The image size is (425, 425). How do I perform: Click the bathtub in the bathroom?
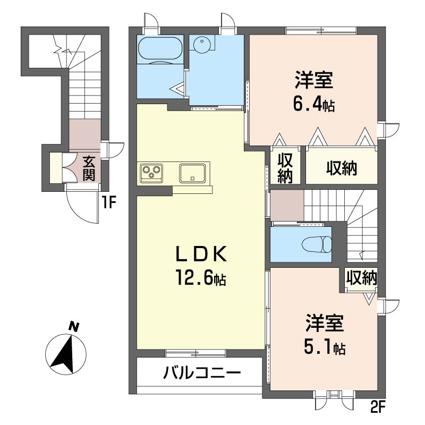[160, 49]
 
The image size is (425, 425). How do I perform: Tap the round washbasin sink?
[202, 44]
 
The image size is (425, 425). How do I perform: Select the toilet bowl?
[317, 244]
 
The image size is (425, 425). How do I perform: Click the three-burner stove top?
[151, 173]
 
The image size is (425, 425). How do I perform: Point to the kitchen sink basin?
[192, 173]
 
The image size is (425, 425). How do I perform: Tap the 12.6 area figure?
[201, 277]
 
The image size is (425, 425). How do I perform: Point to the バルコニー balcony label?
[202, 372]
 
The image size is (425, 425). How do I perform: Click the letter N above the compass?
[73, 327]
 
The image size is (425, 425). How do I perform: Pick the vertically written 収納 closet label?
[285, 168]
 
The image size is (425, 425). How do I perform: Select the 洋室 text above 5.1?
[325, 323]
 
